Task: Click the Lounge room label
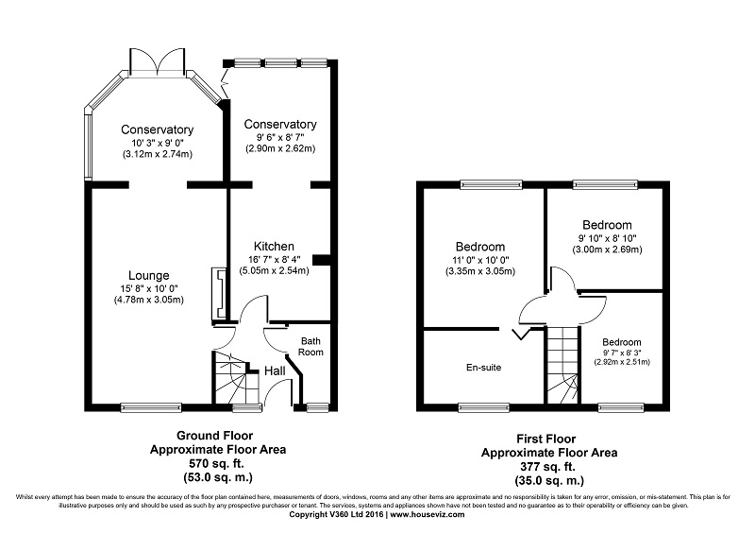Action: (149, 275)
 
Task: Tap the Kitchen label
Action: (274, 246)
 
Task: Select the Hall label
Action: (275, 370)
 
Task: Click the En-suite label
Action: (483, 368)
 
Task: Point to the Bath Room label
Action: (310, 347)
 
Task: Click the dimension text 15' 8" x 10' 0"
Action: (149, 288)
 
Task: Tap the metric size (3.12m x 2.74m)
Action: (157, 154)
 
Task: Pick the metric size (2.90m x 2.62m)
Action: (280, 148)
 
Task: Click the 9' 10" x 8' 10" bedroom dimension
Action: (607, 238)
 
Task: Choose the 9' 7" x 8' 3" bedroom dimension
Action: (622, 353)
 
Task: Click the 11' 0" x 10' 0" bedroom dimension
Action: (480, 260)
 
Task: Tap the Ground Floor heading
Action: (215, 436)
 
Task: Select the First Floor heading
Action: (546, 439)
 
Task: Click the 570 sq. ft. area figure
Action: (216, 464)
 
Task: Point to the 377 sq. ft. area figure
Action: (547, 467)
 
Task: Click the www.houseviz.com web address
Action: (428, 515)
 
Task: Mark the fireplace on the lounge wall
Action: (219, 294)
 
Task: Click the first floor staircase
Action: (562, 365)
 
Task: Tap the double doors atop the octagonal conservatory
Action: (158, 61)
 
